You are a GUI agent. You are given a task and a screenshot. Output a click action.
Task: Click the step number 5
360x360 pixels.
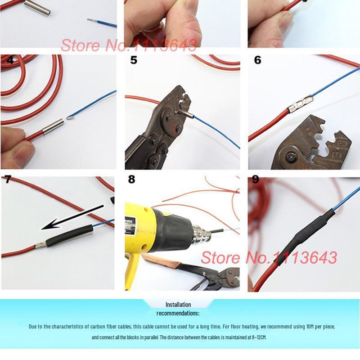(x=134, y=60)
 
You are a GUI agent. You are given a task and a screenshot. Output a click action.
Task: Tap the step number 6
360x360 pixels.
(x=257, y=60)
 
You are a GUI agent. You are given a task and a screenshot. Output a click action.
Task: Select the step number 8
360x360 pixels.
(x=131, y=179)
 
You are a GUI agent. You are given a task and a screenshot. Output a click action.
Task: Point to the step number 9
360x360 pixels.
(x=255, y=179)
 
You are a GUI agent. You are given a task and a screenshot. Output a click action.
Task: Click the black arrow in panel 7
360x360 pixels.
(x=72, y=217)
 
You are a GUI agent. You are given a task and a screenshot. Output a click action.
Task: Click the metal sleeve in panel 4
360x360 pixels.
(x=53, y=126)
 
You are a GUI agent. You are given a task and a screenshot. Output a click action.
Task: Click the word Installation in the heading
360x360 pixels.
(x=178, y=305)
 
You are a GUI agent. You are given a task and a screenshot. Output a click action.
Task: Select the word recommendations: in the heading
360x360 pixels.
(x=178, y=313)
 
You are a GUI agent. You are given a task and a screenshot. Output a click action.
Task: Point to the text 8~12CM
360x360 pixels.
(x=259, y=337)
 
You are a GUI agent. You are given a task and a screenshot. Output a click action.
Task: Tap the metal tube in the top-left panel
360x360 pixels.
(x=37, y=7)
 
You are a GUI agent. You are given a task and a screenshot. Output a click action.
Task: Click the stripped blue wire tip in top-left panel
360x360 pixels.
(x=92, y=20)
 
